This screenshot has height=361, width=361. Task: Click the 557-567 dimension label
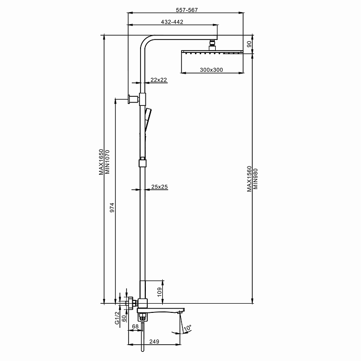[x=187, y=10]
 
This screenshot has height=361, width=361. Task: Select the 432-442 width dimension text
[x=172, y=22]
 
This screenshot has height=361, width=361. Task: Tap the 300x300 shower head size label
[x=211, y=70]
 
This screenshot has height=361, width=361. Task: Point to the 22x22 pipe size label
[x=159, y=80]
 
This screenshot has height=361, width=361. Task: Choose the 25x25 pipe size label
[x=159, y=187]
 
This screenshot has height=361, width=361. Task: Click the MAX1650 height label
[x=101, y=162]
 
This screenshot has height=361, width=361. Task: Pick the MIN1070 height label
[x=107, y=162]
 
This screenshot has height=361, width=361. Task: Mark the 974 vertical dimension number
[x=112, y=207]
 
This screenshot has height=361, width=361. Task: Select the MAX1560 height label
[x=249, y=179]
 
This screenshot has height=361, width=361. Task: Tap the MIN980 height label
[x=255, y=179]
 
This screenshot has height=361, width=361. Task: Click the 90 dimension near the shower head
[x=249, y=44]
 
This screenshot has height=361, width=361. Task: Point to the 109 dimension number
[x=159, y=292]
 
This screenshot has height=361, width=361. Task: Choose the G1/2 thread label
[x=117, y=318]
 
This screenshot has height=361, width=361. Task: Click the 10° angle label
[x=187, y=328]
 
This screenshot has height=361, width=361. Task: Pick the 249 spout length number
[x=154, y=341]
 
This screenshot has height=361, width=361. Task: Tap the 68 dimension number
[x=135, y=326]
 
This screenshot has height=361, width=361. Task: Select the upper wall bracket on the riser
[x=137, y=99]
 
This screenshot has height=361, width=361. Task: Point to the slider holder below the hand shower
[x=142, y=162]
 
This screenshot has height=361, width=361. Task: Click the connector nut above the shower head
[x=212, y=43]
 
